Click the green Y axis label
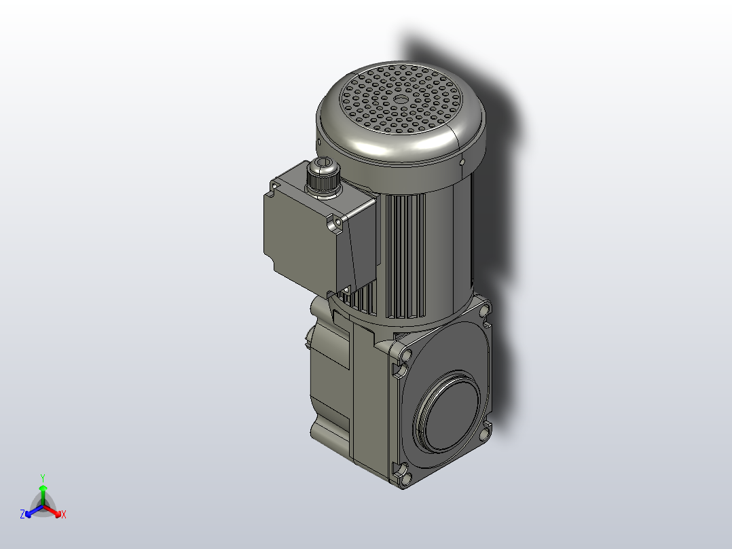tap(43, 478)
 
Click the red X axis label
tap(64, 515)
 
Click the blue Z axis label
tap(22, 515)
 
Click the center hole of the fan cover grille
tap(400, 99)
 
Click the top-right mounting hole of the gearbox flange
tap(484, 311)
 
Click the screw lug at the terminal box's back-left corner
tap(276, 184)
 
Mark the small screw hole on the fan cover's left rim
tap(318, 142)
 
